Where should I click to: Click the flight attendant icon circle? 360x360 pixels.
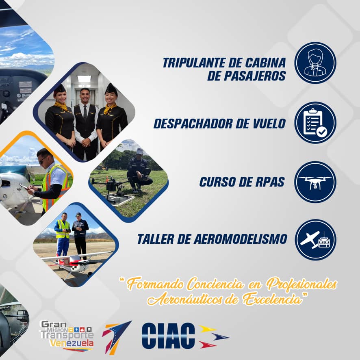[315, 63]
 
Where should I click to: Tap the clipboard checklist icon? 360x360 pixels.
[315, 122]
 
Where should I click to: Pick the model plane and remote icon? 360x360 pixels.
[315, 240]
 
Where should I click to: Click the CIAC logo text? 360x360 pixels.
[168, 336]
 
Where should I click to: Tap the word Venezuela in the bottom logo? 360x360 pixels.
[71, 344]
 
